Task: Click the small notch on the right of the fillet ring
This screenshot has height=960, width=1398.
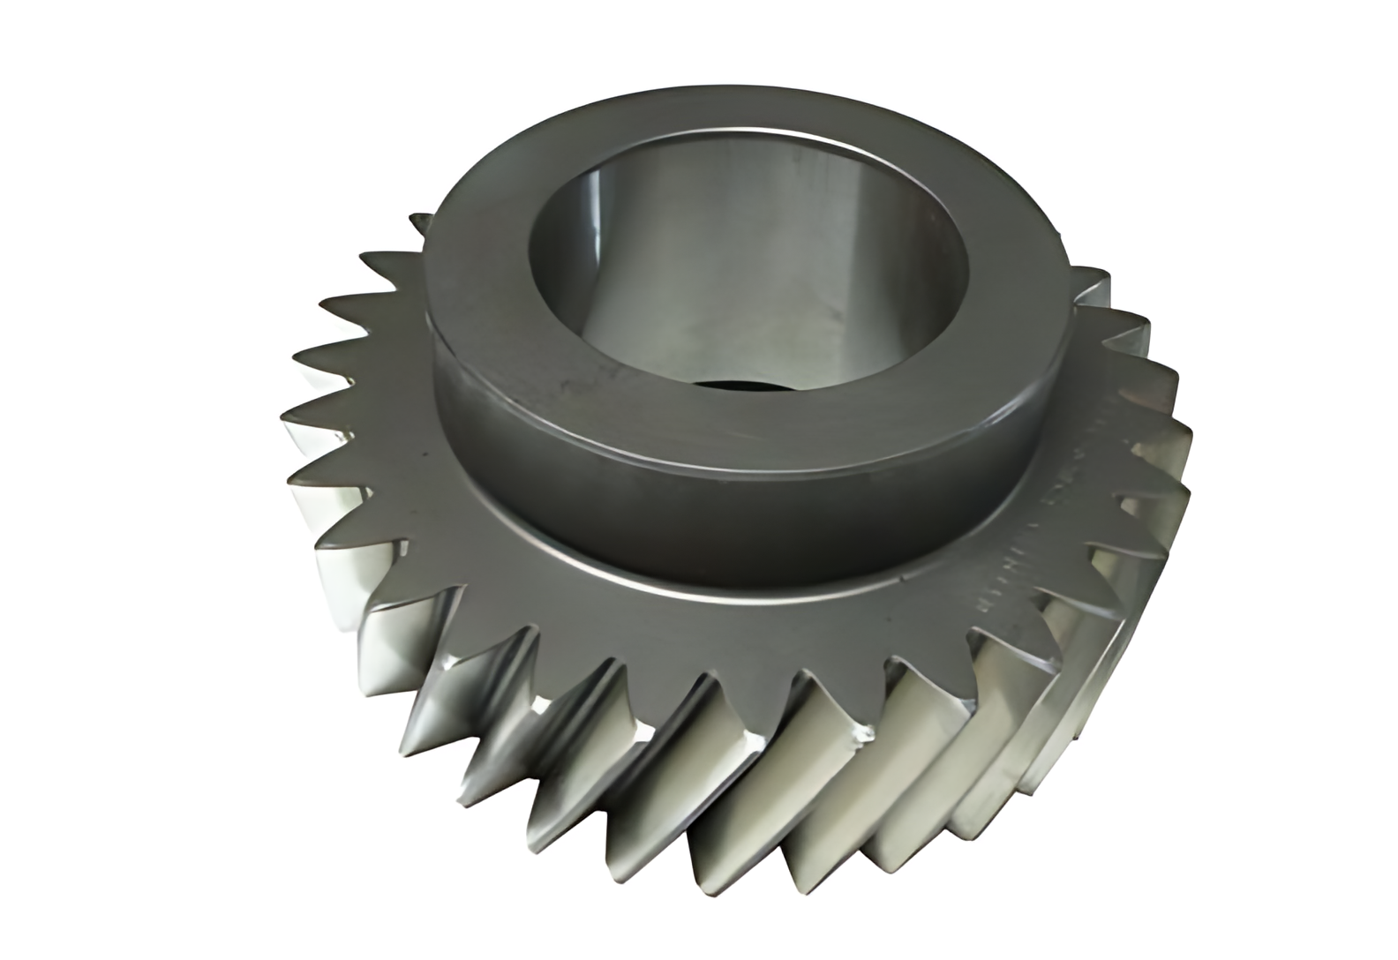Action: (x=909, y=578)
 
